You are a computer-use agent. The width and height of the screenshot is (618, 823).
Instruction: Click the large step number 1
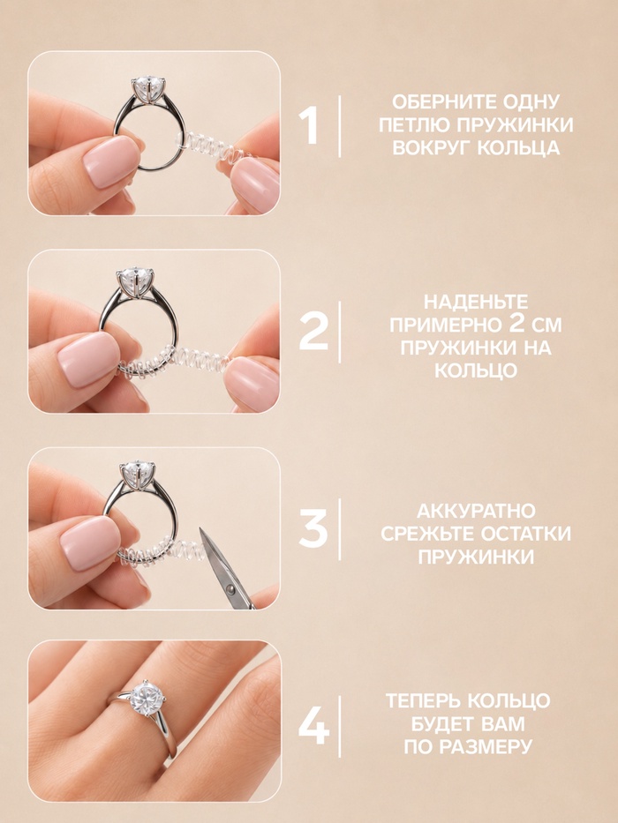309,125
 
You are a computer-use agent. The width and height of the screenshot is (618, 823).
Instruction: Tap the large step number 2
313,332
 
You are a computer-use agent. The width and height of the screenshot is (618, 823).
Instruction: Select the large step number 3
313,529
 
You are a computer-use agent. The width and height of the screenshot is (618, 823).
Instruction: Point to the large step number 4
313,727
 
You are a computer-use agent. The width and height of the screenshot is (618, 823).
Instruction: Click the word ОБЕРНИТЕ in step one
441,101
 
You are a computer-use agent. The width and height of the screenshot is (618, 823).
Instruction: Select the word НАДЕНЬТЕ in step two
476,302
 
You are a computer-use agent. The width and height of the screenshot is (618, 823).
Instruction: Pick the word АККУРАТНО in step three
476,511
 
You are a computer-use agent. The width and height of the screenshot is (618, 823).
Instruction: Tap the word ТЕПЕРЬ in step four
423,700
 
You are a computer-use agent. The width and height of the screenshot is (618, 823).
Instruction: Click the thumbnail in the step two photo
87,359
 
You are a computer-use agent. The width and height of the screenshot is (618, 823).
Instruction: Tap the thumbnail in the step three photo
90,543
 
